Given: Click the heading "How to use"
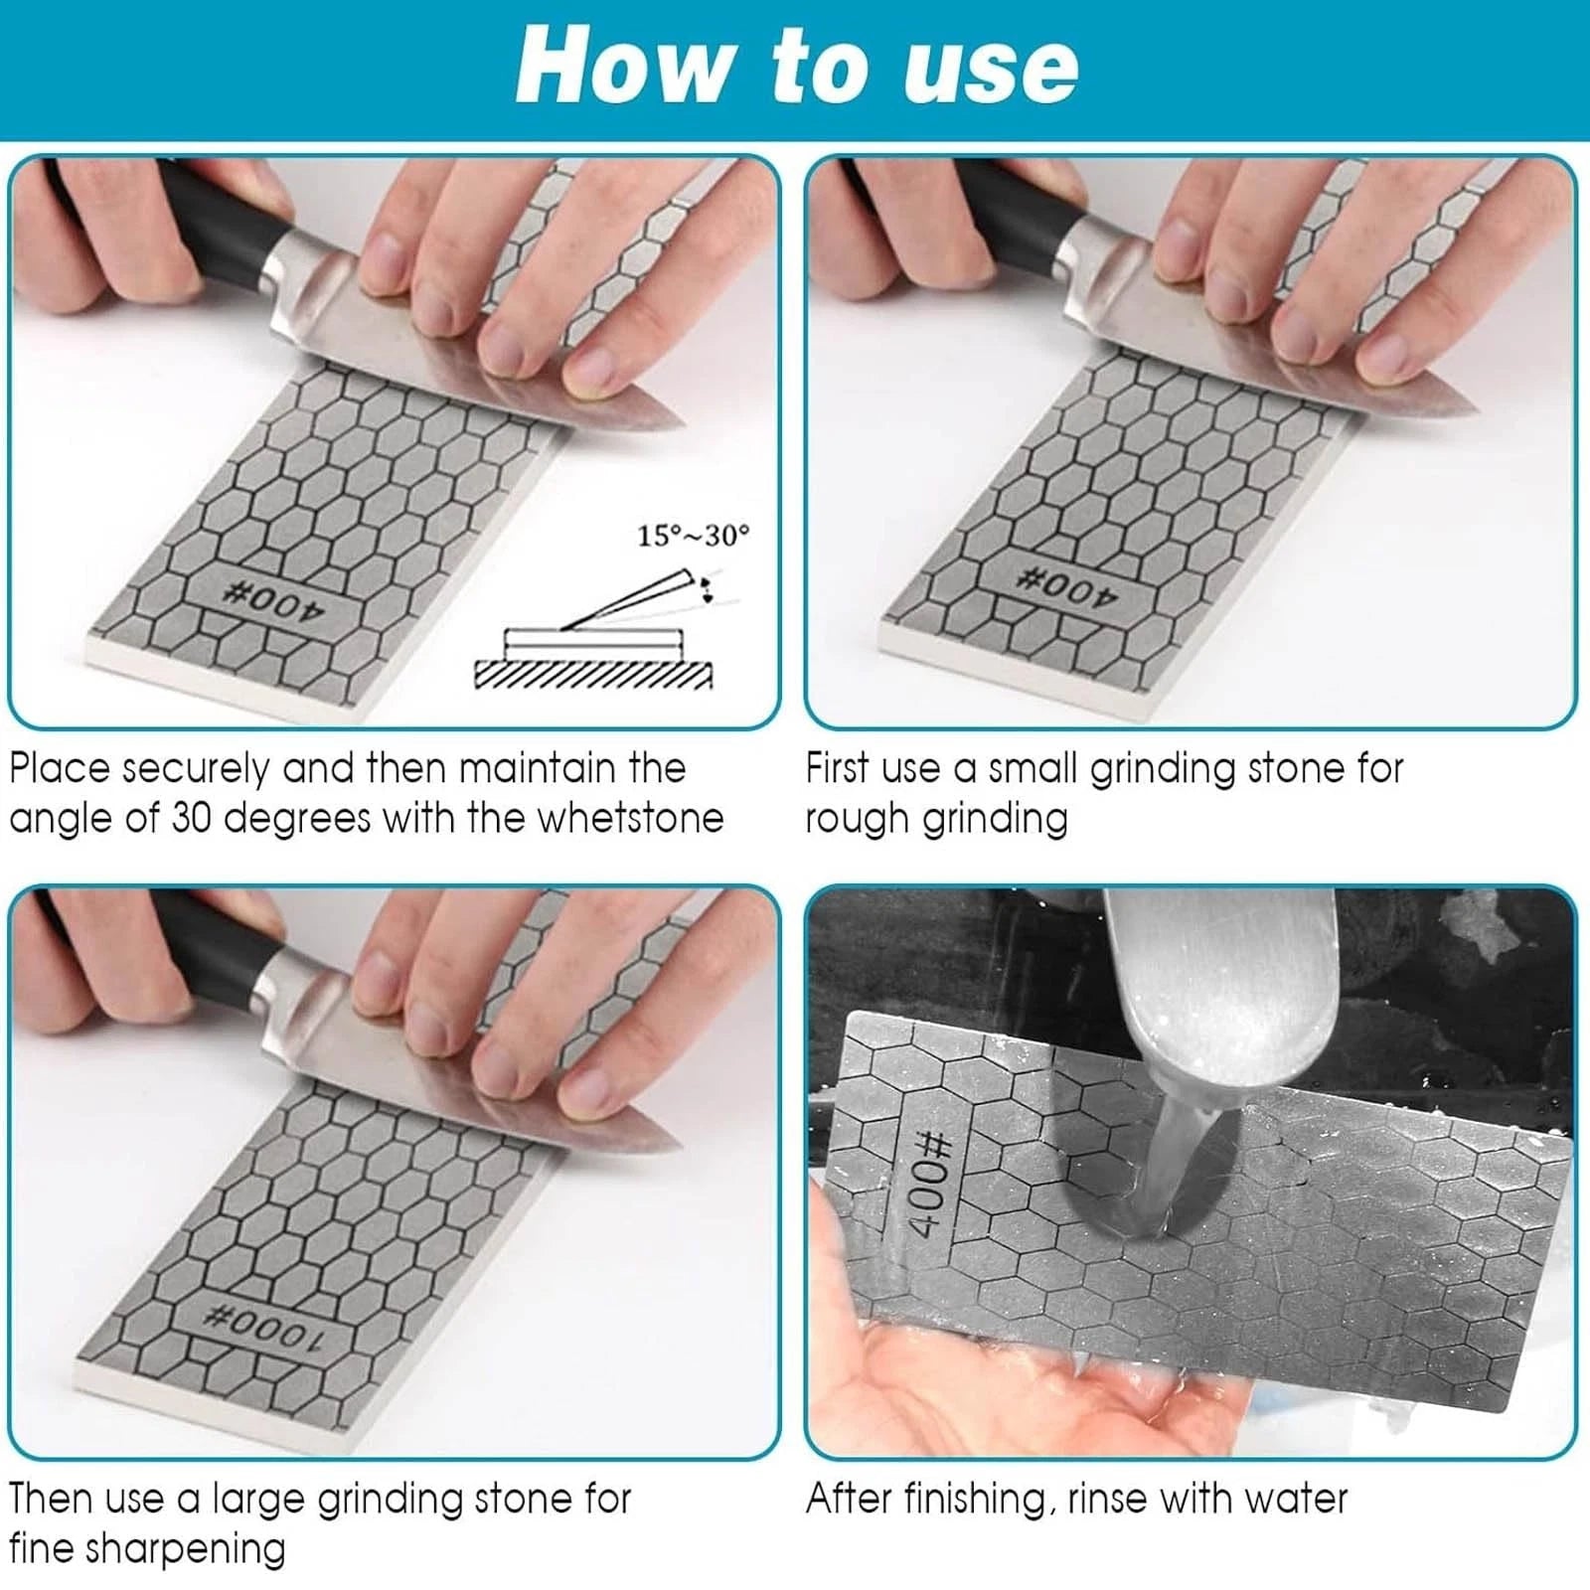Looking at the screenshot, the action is pos(797,67).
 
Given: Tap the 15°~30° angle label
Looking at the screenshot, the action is pos(694,536).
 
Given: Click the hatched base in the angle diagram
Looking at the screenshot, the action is pos(593,675).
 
